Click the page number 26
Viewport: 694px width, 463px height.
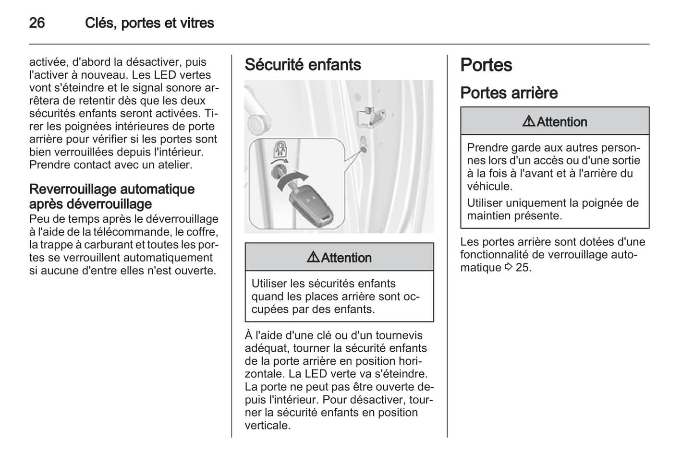click(x=37, y=23)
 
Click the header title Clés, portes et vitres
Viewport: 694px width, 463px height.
click(x=149, y=23)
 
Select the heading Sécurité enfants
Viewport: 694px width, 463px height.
click(x=303, y=65)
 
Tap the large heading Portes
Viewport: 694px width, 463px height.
click(x=486, y=65)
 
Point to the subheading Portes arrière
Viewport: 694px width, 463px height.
click(x=509, y=93)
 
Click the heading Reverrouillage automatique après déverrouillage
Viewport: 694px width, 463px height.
click(x=112, y=196)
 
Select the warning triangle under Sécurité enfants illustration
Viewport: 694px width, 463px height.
click(x=313, y=258)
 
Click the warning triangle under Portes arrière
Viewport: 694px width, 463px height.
click(x=529, y=122)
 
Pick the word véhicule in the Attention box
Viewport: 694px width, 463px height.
click(x=489, y=186)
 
